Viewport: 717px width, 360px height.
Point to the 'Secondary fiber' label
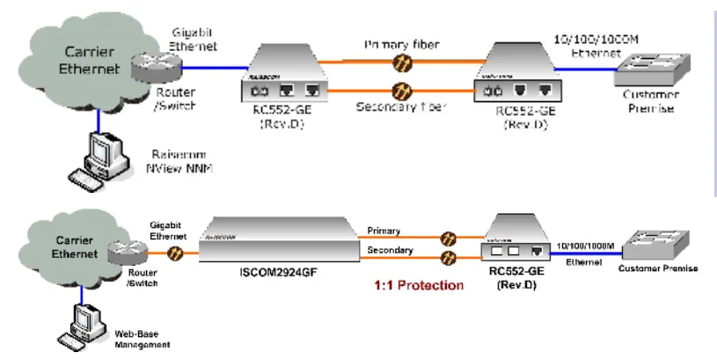[x=402, y=108]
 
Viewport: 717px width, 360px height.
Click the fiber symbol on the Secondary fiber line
[x=404, y=90]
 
